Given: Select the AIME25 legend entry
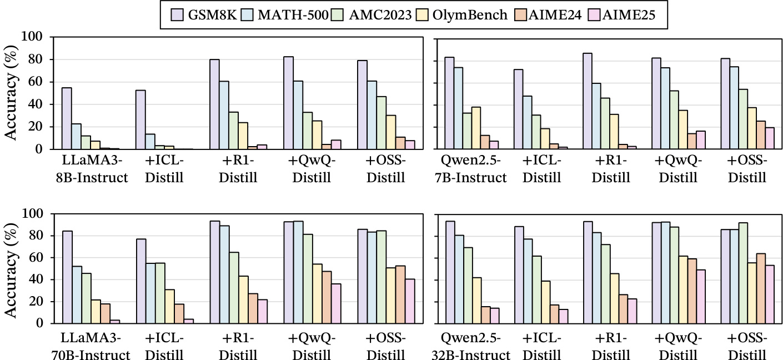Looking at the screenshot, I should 626,16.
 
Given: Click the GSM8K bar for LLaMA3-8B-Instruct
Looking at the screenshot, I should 67,118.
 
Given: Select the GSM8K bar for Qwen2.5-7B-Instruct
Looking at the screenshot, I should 449,103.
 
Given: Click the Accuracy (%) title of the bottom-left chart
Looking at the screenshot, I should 15,268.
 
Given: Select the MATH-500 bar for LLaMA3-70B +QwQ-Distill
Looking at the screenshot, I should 298,272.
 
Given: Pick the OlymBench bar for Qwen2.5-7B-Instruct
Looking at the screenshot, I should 476,128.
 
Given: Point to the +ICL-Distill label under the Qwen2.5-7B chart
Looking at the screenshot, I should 541,170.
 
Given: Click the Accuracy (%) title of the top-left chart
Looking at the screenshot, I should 15,93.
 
